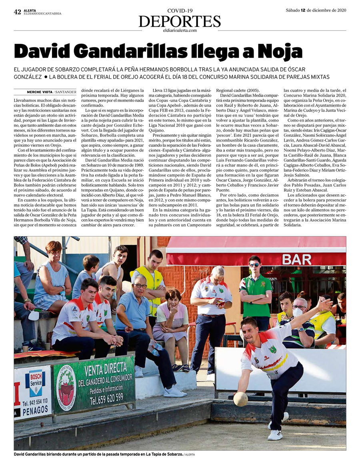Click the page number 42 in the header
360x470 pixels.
[x=17, y=12]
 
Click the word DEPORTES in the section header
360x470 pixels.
[x=180, y=21]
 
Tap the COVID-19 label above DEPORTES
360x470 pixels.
[x=180, y=10]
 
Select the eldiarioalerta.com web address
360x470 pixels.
[x=180, y=30]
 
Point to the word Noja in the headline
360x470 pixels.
[x=280, y=52]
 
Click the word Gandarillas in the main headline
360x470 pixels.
[x=136, y=52]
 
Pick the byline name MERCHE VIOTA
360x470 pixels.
[x=39, y=92]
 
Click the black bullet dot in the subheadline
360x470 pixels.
[x=46, y=76]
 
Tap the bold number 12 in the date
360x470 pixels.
[x=304, y=10]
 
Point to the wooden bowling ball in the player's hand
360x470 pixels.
[x=240, y=399]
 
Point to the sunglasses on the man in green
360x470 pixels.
[x=254, y=265]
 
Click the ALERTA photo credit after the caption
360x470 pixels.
[x=190, y=455]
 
